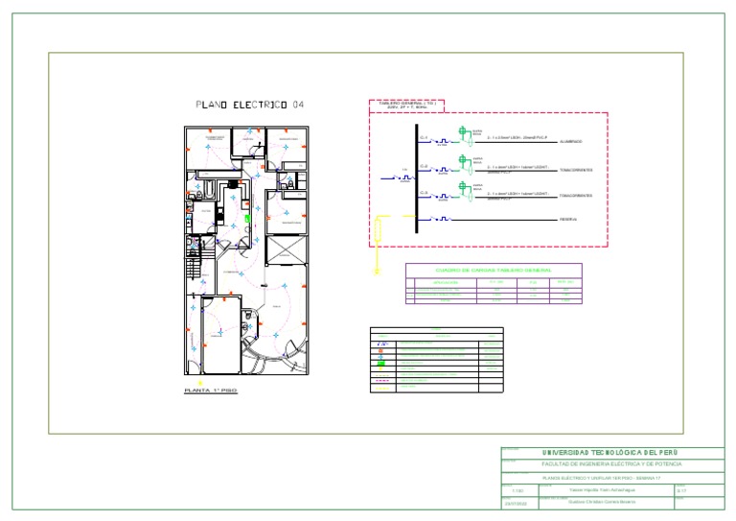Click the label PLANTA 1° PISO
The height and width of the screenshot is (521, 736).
pyautogui.click(x=210, y=391)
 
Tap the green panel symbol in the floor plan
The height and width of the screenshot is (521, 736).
pyautogui.click(x=247, y=218)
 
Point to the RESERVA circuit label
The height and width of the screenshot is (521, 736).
pyautogui.click(x=571, y=220)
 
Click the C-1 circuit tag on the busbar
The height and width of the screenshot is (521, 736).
pyautogui.click(x=425, y=138)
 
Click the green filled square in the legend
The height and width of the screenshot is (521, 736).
pyautogui.click(x=381, y=365)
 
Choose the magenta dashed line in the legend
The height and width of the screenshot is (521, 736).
pyautogui.click(x=381, y=380)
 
